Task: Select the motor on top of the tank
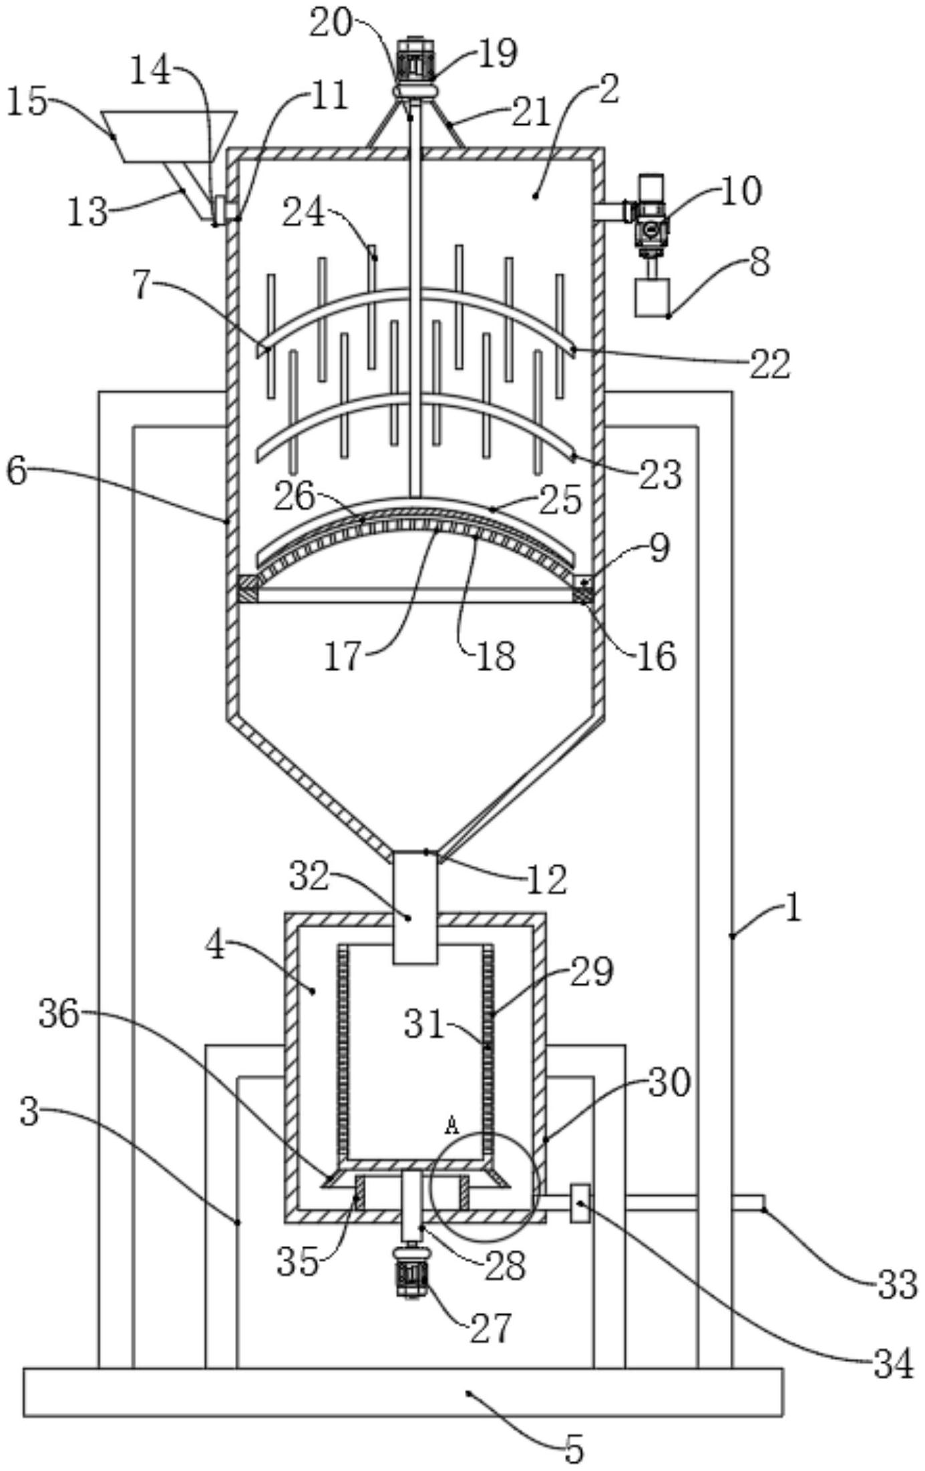(x=415, y=60)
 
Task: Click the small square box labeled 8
(x=653, y=298)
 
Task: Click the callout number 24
(x=305, y=214)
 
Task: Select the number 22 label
(x=769, y=365)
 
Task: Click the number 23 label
(x=660, y=475)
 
